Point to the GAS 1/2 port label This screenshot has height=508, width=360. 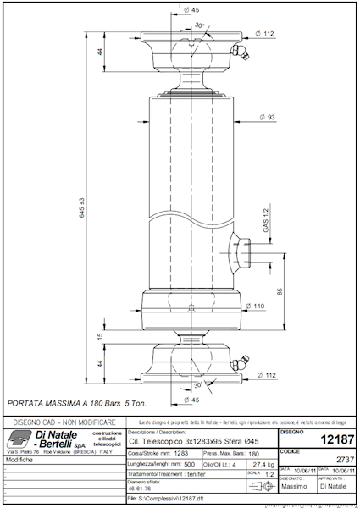point(265,222)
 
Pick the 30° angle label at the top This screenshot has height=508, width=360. point(200,25)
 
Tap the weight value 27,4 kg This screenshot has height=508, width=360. point(263,465)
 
